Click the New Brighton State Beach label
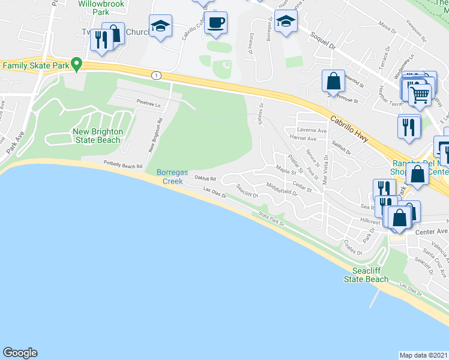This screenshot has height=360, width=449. (97, 136)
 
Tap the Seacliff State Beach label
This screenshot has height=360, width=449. (366, 275)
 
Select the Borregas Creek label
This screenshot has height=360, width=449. (173, 176)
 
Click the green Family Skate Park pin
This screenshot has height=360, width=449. (76, 64)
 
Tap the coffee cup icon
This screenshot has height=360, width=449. (216, 23)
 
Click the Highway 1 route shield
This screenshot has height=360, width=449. (157, 75)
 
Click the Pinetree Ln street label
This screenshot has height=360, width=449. (149, 104)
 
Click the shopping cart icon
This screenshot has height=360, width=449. (420, 93)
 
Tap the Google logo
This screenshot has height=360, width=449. (20, 352)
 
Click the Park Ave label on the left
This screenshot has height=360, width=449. (13, 144)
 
